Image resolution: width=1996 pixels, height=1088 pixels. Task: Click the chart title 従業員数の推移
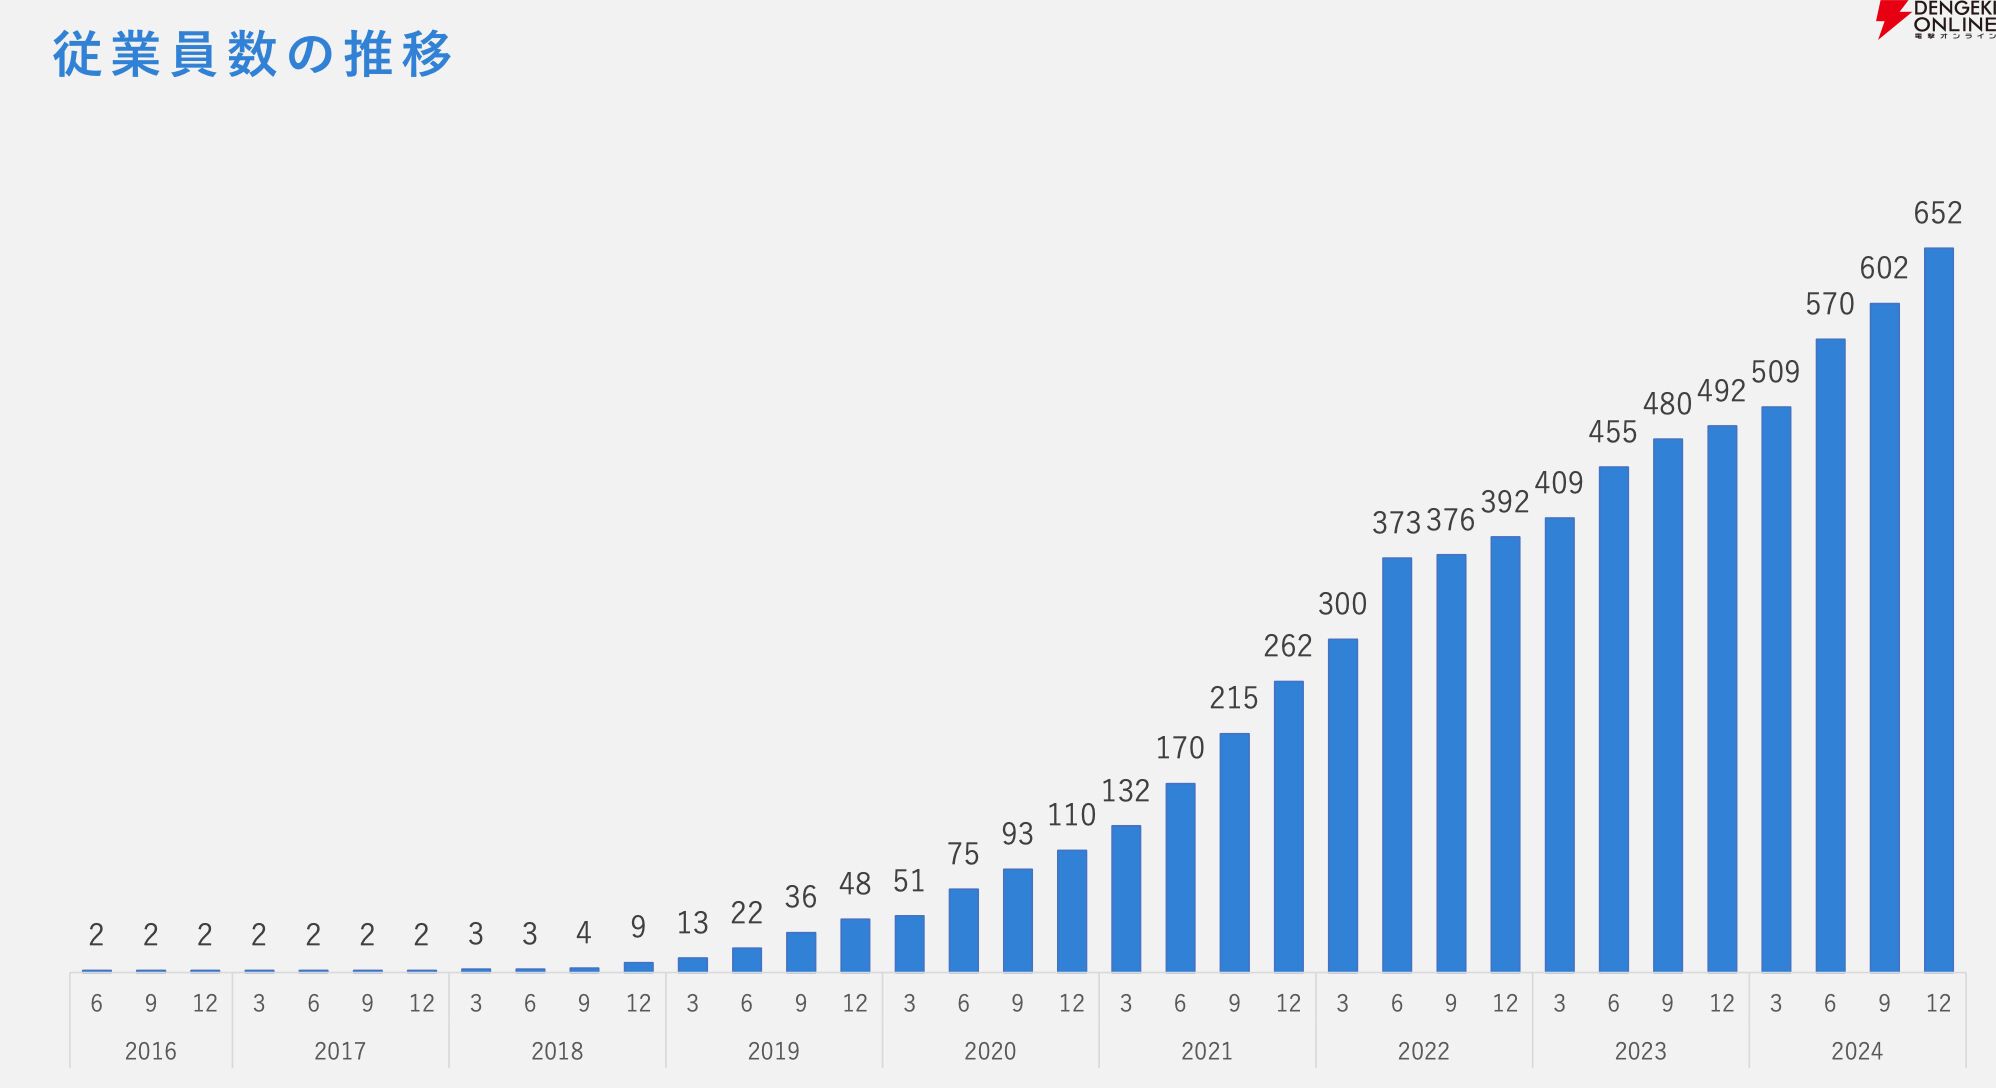point(252,54)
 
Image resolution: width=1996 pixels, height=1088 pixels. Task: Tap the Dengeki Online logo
point(1935,20)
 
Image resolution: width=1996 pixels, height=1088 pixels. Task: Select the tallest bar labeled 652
point(1938,609)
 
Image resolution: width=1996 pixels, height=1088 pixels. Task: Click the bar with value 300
point(1342,805)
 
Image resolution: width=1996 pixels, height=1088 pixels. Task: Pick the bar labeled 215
point(1234,852)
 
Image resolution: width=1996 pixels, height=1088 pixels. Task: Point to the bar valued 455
point(1613,719)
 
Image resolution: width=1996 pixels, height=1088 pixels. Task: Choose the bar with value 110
point(1071,911)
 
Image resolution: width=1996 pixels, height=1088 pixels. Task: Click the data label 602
point(1884,268)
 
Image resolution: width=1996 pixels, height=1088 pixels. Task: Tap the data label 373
point(1396,523)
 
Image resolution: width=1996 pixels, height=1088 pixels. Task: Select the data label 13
point(692,923)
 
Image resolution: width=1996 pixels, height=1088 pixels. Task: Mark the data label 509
point(1775,372)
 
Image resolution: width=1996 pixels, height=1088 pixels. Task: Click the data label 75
point(963,854)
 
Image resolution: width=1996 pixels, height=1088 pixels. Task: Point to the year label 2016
point(150,1051)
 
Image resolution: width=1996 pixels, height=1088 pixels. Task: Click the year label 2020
point(990,1051)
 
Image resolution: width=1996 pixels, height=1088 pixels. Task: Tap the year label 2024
point(1857,1051)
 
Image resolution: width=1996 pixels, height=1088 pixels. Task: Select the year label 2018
point(557,1051)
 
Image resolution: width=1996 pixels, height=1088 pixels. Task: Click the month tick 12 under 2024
point(1938,1003)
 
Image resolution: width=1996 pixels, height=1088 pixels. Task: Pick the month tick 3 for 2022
point(1342,1003)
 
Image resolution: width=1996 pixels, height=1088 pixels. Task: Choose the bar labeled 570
point(1830,655)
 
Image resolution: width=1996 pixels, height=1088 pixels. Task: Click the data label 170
point(1180,748)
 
